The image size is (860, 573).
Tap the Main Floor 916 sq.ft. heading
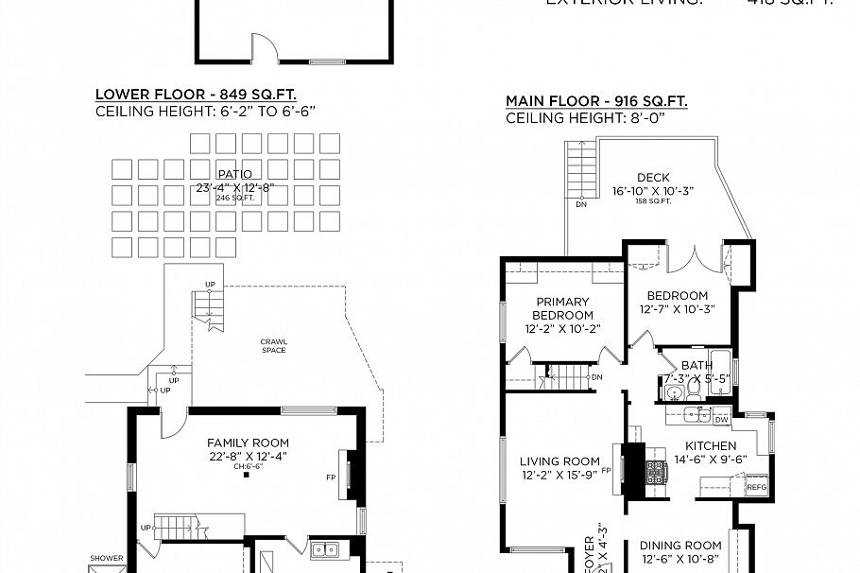596,101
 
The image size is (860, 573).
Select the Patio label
234,174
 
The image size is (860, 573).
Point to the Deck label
653,177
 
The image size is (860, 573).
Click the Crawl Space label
273,345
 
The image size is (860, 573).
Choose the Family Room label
249,443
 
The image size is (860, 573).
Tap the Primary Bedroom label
563,308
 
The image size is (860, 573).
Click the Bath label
697,365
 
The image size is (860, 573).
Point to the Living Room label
559,461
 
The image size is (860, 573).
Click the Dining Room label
680,545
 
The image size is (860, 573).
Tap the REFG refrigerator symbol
756,488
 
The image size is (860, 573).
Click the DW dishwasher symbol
720,419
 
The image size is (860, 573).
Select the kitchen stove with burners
655,472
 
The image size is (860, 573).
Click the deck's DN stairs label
579,203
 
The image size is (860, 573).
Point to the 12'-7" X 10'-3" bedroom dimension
674,310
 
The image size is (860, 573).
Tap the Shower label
107,558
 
